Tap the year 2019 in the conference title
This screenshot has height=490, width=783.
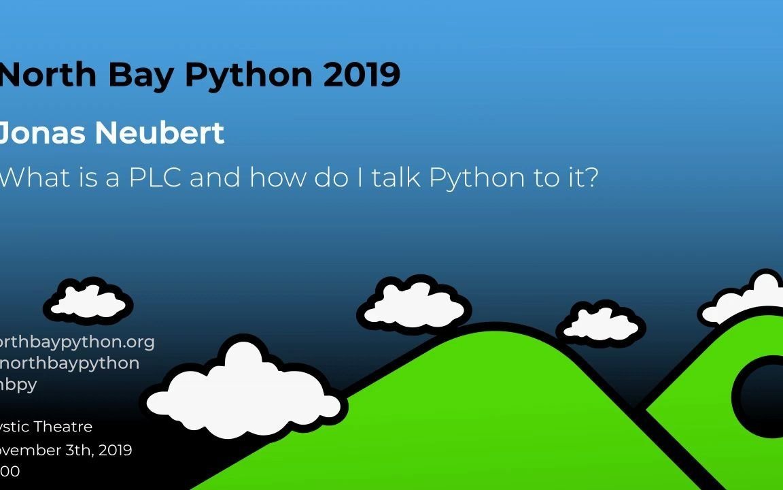pyautogui.click(x=362, y=75)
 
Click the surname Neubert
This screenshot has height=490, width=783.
pyautogui.click(x=159, y=133)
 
